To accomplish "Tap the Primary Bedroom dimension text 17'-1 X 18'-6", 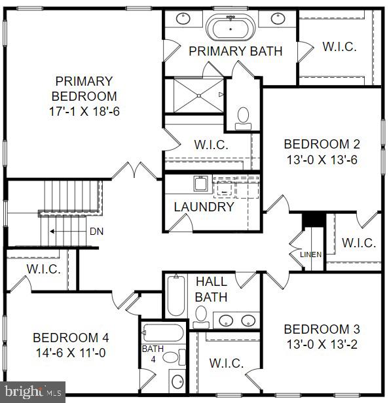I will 83,111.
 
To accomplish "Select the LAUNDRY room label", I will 204,207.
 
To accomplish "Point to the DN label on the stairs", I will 96,232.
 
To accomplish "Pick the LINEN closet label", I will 311,254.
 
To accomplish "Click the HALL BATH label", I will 212,289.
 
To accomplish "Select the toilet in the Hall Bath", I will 201,317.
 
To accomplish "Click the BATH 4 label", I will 153,353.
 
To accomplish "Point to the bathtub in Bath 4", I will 161,333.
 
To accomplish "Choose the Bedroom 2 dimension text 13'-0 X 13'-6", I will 322,159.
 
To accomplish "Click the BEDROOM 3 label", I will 322,329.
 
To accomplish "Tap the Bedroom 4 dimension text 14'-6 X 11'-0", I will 71,353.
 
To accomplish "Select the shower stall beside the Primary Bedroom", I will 194,96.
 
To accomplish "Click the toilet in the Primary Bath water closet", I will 244,116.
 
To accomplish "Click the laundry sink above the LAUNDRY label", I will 200,183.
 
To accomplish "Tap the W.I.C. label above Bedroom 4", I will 43,269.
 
